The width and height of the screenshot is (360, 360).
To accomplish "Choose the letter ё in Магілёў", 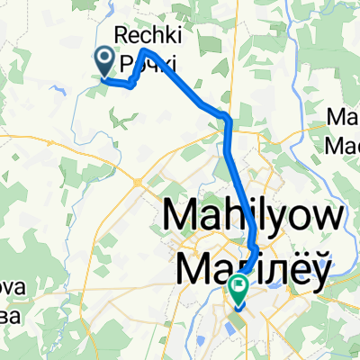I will [x=294, y=266].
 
